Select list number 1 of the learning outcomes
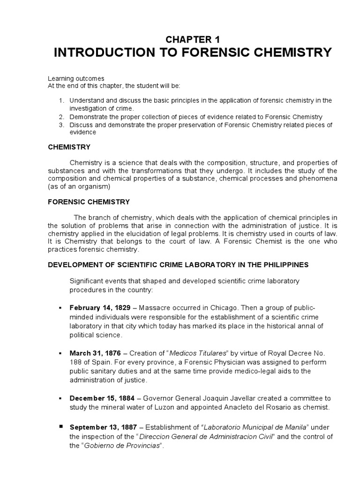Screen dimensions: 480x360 click(61, 101)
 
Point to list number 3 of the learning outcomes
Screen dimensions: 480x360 click(61, 125)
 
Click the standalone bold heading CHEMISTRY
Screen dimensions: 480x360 click(69, 147)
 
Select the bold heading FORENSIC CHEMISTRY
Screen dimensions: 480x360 click(89, 202)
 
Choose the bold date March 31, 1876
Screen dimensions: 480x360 click(95, 352)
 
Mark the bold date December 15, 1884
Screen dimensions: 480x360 click(100, 398)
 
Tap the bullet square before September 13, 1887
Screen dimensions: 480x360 click(60, 427)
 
